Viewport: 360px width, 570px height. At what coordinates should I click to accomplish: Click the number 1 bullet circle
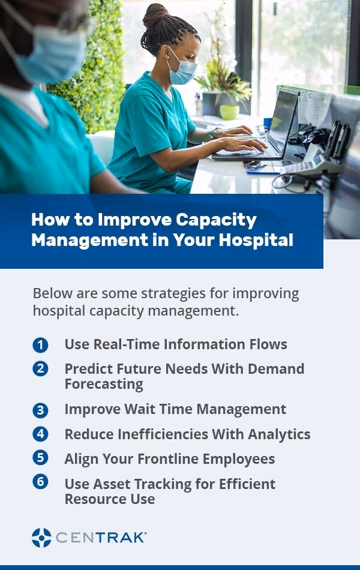pos(40,345)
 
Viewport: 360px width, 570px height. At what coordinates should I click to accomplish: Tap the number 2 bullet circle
pos(40,368)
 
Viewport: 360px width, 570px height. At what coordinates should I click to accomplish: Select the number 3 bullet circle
pos(40,410)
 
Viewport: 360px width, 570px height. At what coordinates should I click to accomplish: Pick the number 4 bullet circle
pos(40,434)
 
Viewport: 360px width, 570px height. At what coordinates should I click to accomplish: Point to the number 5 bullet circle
pos(40,458)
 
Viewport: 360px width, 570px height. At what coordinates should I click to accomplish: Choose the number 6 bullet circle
pos(40,482)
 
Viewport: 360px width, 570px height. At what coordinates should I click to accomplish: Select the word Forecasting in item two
pos(104,384)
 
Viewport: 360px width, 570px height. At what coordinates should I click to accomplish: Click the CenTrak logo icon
pos(41,538)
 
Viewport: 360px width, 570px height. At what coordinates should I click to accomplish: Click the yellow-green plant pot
pos(229,112)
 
